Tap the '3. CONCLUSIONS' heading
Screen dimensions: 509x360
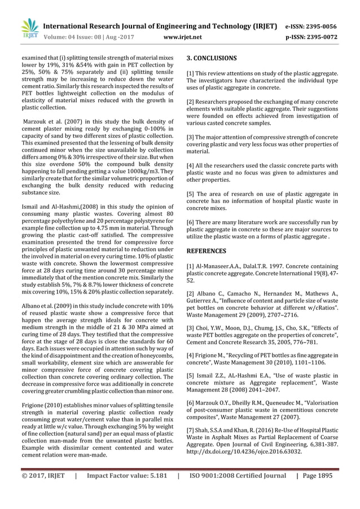point(212,58)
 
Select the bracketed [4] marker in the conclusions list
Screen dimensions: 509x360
point(191,165)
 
